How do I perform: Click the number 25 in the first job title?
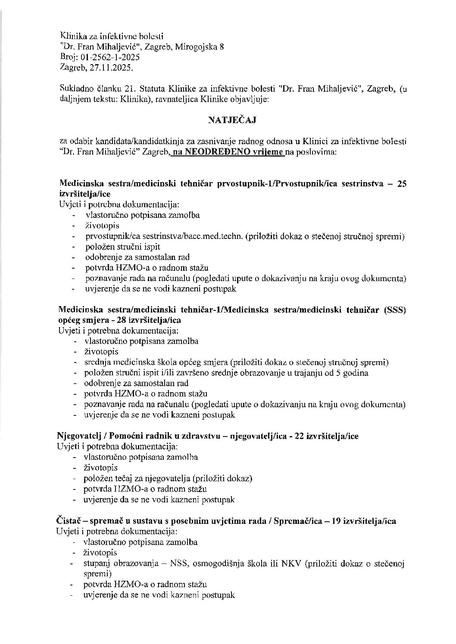(401, 184)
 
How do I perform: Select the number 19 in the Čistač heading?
(337, 521)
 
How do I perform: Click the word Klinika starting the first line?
(72, 36)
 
